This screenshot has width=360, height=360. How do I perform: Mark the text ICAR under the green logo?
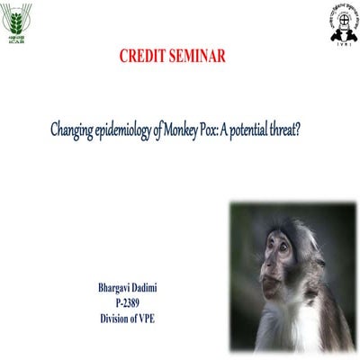(x=19, y=40)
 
